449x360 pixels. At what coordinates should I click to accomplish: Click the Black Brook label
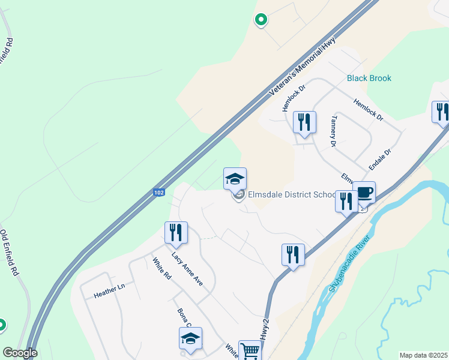369,78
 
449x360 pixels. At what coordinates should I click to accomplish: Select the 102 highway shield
158,193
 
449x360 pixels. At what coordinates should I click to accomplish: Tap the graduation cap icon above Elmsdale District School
235,179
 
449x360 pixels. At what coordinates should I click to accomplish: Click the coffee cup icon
364,193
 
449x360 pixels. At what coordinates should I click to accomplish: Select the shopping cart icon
250,351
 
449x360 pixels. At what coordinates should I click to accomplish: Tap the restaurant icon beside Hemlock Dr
304,123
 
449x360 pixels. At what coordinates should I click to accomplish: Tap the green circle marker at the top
261,20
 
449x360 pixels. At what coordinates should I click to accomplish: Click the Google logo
20,353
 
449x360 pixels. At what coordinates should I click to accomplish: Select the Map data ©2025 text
423,355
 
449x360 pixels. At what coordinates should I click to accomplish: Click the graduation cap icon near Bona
190,338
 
